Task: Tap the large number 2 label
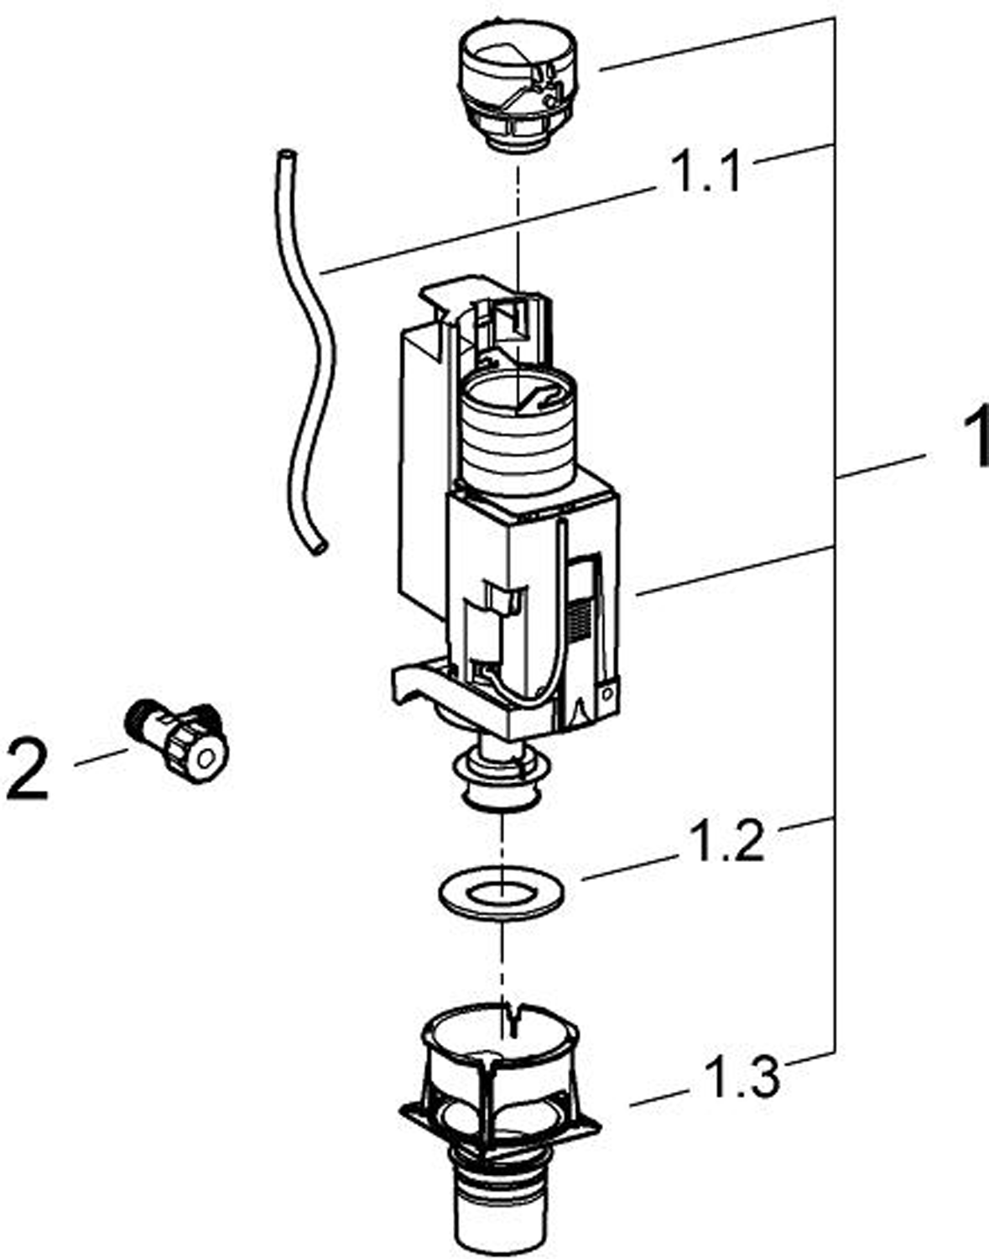pos(29,768)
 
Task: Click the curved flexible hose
pos(310,353)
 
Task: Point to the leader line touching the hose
pos(487,232)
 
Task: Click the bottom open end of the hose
pos(317,548)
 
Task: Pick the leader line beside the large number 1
pos(881,467)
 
